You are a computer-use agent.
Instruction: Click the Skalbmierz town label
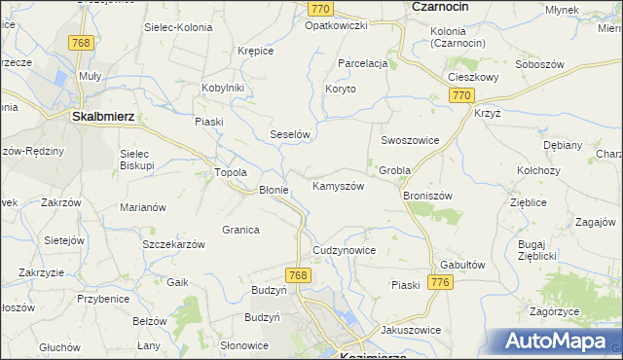[103, 115]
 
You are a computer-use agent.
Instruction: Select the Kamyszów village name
[338, 185]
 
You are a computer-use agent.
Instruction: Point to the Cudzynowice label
[344, 250]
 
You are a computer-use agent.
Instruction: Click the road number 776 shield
[441, 282]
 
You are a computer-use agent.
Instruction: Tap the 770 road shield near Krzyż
[461, 95]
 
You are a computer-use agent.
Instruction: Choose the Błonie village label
[273, 190]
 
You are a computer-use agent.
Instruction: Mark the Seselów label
[289, 135]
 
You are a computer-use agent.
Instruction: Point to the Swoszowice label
[410, 140]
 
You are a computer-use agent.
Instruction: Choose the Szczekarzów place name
[173, 244]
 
